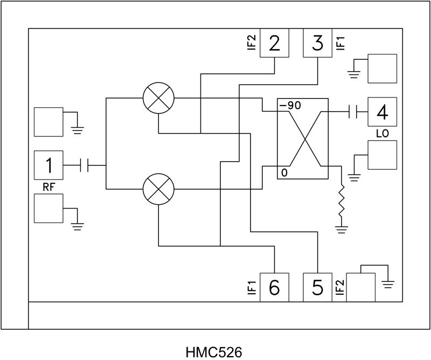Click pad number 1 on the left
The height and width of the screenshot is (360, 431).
(48, 165)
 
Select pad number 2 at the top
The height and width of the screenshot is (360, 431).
(275, 43)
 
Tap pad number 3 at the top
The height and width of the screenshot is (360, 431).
(318, 43)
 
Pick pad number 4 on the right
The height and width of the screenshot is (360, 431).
(383, 112)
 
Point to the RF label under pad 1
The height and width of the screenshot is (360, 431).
(48, 186)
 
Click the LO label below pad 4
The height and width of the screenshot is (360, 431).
(382, 133)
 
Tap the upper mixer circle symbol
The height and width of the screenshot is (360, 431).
(159, 98)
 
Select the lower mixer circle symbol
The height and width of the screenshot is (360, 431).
(159, 190)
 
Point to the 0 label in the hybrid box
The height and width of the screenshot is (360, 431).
(283, 172)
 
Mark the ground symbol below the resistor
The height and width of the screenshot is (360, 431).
(342, 230)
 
